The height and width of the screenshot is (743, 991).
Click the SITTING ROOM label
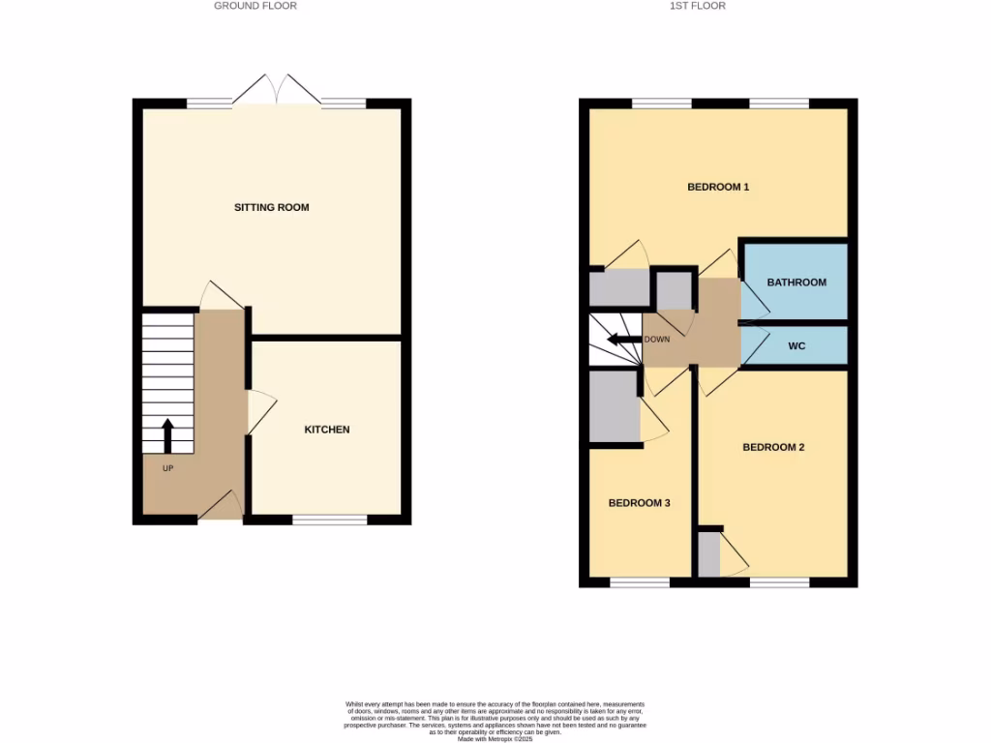pyautogui.click(x=272, y=207)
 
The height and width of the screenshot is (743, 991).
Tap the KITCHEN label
pyautogui.click(x=327, y=430)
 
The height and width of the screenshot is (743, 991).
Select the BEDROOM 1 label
pyautogui.click(x=718, y=187)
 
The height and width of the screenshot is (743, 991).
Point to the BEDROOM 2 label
pyautogui.click(x=773, y=447)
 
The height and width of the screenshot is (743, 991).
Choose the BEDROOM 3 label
pyautogui.click(x=639, y=503)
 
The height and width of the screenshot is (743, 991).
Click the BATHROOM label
pyautogui.click(x=796, y=282)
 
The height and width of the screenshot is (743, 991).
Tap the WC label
pyautogui.click(x=796, y=344)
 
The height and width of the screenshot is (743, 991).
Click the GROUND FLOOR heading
pyautogui.click(x=255, y=6)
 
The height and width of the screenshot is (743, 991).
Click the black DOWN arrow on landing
pyautogui.click(x=623, y=340)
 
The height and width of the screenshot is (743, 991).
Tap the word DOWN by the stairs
pyautogui.click(x=656, y=340)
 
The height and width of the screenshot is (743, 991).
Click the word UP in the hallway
pyautogui.click(x=167, y=468)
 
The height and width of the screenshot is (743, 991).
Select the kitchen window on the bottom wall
pyautogui.click(x=329, y=520)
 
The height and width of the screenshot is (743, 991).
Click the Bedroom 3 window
pyautogui.click(x=639, y=582)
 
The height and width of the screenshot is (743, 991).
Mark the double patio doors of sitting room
pyautogui.click(x=277, y=91)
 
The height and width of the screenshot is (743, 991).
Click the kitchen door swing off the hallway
pyautogui.click(x=261, y=412)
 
